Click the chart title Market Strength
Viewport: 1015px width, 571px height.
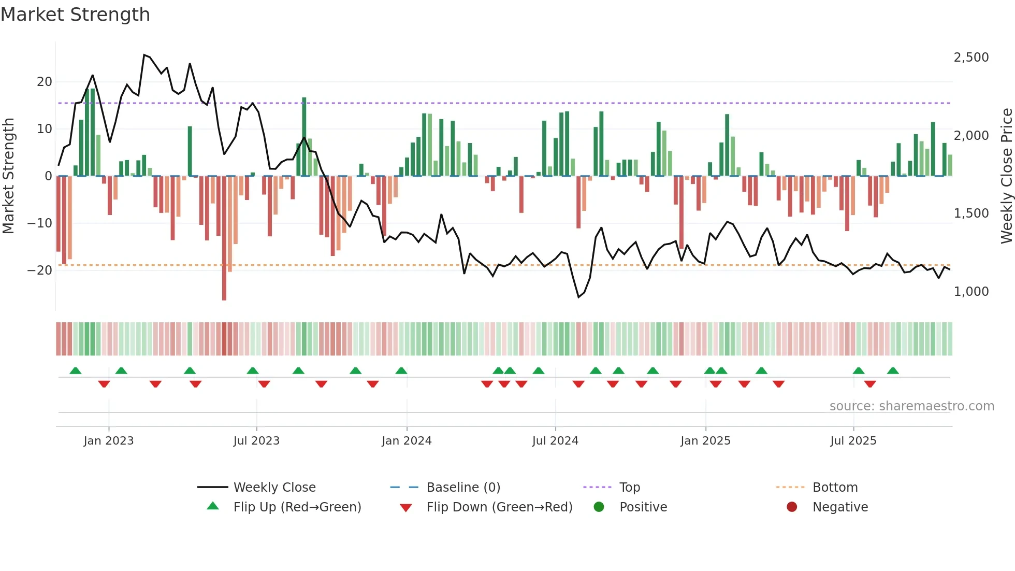[x=76, y=15]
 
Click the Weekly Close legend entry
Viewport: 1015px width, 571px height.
[x=274, y=487]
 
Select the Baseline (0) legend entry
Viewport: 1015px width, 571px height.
[x=463, y=487]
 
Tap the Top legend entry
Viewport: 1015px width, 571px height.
[x=629, y=487]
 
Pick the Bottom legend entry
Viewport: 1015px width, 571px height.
[x=835, y=487]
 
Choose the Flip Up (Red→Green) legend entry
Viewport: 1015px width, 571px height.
[x=297, y=507]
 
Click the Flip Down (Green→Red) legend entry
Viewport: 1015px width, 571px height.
[x=499, y=507]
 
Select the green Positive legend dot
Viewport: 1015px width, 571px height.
[x=599, y=507]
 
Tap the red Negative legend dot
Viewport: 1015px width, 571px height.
[x=792, y=507]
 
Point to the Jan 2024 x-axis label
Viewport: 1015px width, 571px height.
[x=407, y=441]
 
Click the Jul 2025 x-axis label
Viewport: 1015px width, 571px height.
[x=853, y=441]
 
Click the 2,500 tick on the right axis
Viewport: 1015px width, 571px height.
[x=971, y=57]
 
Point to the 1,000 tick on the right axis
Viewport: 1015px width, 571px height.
[x=971, y=291]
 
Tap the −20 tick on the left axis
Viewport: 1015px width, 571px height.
[x=40, y=270]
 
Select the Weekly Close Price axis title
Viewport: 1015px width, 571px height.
[x=1006, y=176]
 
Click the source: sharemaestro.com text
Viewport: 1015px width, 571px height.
[x=911, y=406]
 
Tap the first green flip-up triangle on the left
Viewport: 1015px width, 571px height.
[x=76, y=370]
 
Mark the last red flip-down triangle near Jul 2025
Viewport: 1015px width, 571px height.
[x=870, y=384]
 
